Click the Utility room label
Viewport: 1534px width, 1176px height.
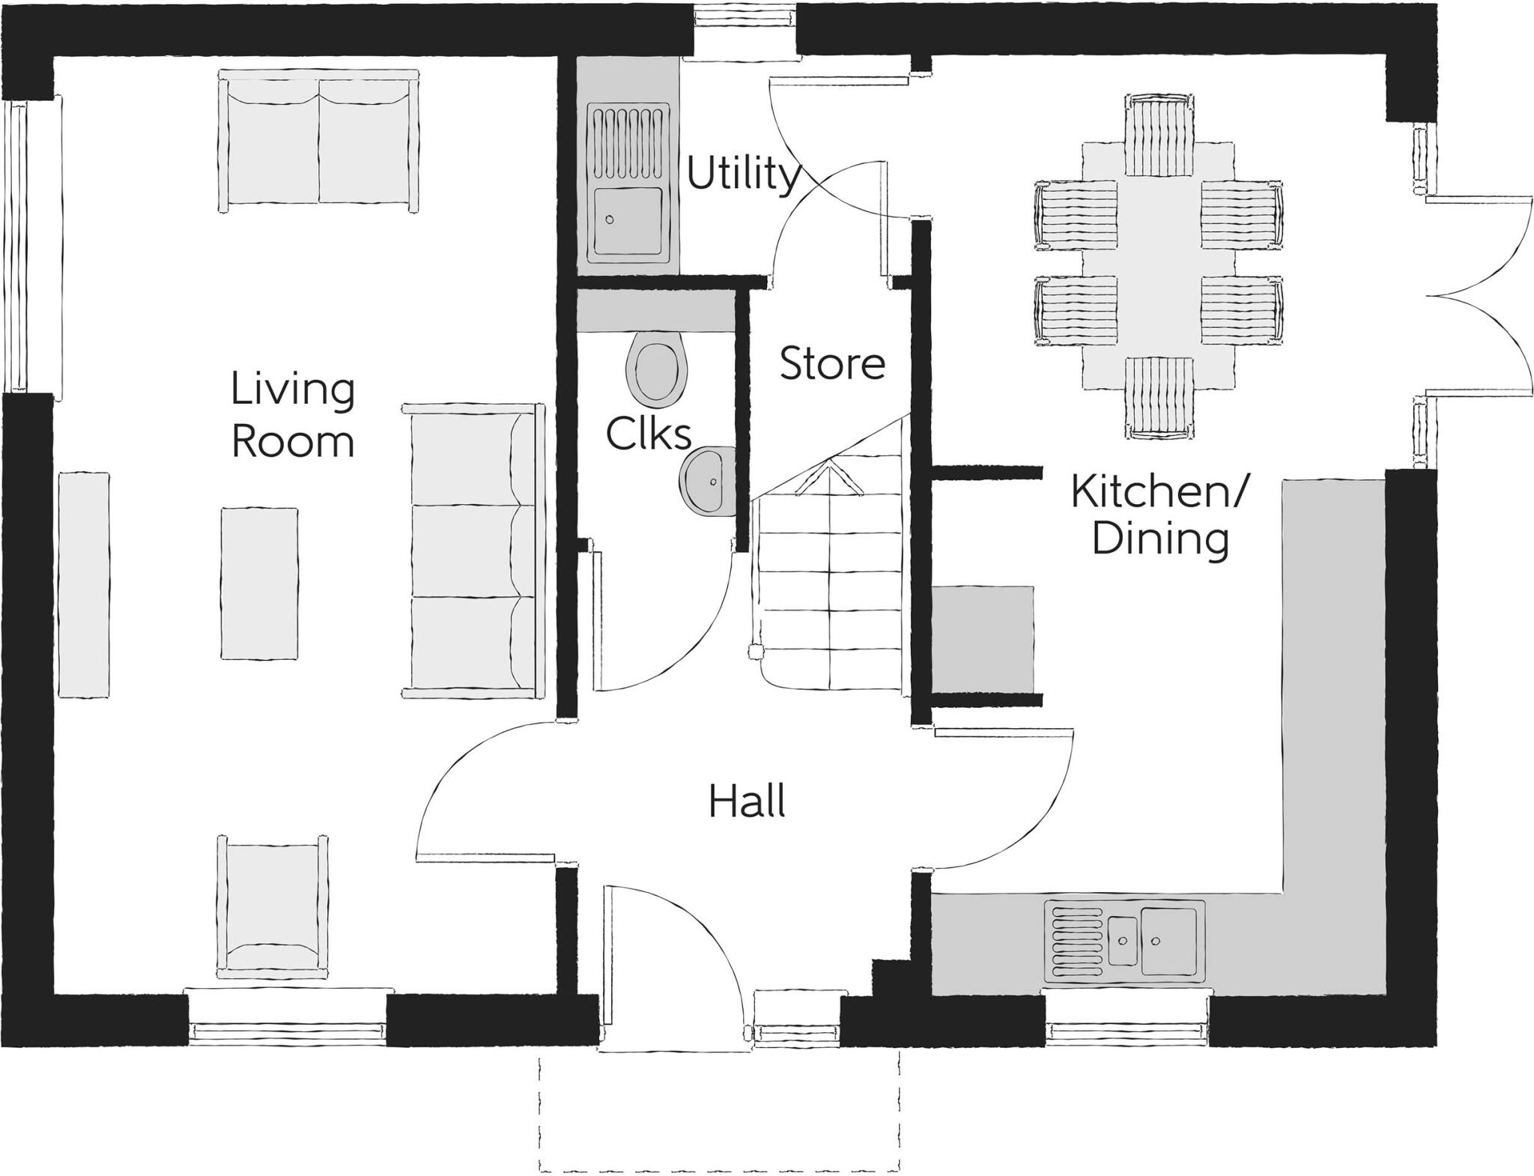click(x=742, y=175)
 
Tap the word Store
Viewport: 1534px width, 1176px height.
click(x=831, y=364)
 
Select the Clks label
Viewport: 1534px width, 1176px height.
click(x=648, y=434)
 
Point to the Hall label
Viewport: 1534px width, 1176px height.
click(x=747, y=801)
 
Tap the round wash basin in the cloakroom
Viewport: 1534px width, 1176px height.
click(x=708, y=482)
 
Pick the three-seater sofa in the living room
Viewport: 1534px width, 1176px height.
click(x=472, y=551)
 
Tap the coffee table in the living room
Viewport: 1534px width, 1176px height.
click(x=259, y=584)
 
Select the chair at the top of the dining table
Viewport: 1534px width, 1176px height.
click(x=1159, y=134)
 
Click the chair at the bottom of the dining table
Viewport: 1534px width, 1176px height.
click(x=1159, y=397)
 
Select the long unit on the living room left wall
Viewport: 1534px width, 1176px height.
click(x=83, y=584)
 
